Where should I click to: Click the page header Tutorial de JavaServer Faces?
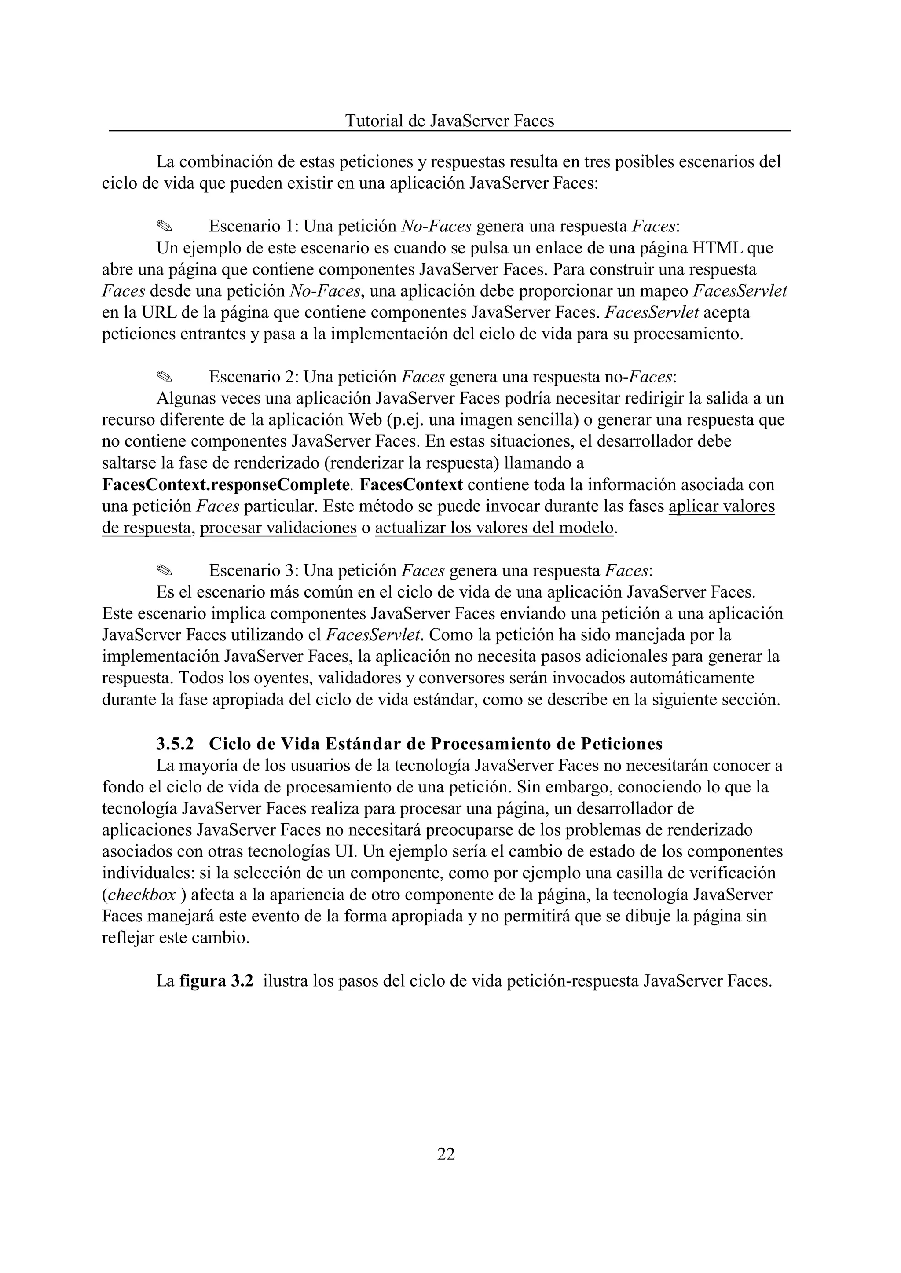449,121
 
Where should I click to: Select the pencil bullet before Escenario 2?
165,377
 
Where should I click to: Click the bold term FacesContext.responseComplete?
226,484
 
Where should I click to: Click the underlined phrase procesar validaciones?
278,528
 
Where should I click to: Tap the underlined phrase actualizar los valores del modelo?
494,528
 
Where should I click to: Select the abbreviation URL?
159,312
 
